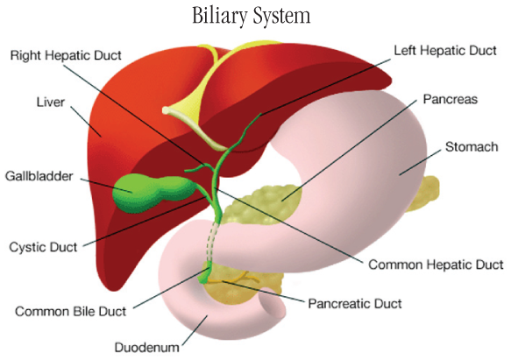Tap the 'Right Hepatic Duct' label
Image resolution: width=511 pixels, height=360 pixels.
tap(66, 55)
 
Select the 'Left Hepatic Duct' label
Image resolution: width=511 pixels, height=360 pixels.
tap(445, 51)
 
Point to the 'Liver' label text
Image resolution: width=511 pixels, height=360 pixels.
tap(51, 102)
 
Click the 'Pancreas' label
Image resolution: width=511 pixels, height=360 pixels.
tap(450, 99)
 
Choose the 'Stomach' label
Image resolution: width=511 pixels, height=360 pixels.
tap(472, 147)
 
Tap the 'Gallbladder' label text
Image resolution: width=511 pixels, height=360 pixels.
tap(39, 176)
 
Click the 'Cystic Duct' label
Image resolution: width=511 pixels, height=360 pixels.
tap(43, 247)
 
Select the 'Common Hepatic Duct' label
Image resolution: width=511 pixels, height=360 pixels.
tap(436, 265)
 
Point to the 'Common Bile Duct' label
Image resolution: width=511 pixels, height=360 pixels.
tap(70, 312)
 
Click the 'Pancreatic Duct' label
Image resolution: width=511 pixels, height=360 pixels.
tap(355, 304)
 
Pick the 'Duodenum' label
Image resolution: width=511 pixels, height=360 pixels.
tap(147, 347)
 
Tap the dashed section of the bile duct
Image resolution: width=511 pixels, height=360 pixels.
tap(212, 242)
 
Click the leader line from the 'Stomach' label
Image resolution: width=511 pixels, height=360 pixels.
tap(421, 163)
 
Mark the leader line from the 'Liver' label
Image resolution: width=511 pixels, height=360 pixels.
tap(86, 122)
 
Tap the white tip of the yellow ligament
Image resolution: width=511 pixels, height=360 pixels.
tap(167, 110)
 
